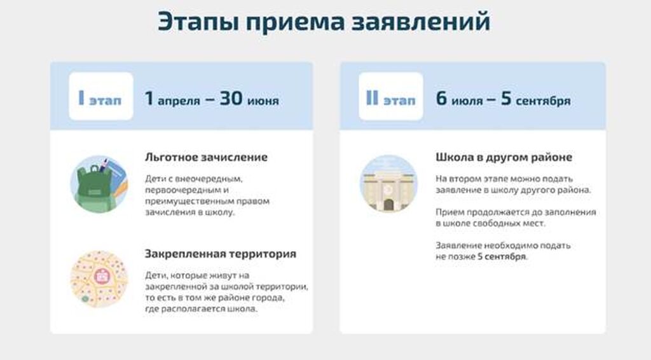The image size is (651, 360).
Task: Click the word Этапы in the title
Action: (198, 22)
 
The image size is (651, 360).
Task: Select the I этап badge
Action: (101, 96)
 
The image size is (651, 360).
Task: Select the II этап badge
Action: (391, 96)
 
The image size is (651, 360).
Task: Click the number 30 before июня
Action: (231, 99)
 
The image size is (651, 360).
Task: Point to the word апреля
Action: (179, 101)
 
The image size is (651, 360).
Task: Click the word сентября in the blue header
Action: (543, 101)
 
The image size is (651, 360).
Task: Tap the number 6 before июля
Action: (441, 99)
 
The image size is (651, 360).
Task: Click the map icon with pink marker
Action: (99, 279)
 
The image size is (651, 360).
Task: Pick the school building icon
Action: (388, 183)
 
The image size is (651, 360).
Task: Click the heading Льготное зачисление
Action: (207, 157)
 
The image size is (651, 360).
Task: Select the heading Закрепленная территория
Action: (221, 254)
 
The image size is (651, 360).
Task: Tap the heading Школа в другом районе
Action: (504, 157)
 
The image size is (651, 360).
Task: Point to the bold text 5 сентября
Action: (502, 256)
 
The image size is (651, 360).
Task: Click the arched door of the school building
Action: (388, 205)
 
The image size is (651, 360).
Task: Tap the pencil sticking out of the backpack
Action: (104, 165)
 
